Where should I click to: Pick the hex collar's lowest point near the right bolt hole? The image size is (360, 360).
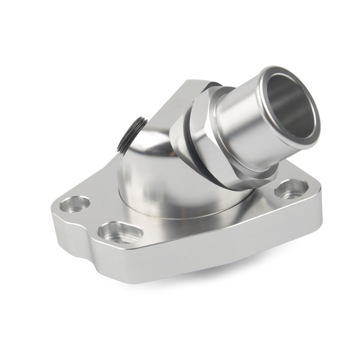(248, 187)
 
